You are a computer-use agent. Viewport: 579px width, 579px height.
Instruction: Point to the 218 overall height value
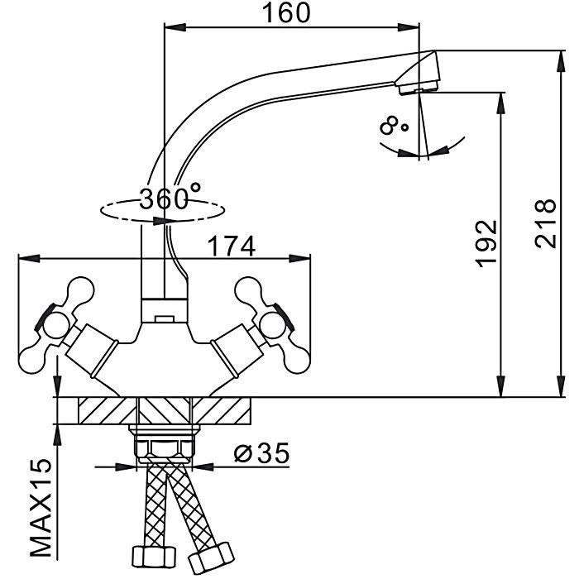(543, 223)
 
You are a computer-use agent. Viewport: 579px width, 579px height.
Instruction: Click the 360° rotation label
(170, 199)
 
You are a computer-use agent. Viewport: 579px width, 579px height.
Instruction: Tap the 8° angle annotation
(395, 126)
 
